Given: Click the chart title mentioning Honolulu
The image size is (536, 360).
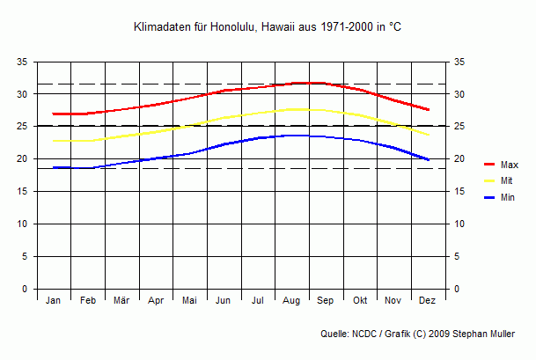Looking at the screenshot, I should pyautogui.click(x=268, y=28).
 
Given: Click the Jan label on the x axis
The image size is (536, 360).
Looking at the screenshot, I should pyautogui.click(x=54, y=301).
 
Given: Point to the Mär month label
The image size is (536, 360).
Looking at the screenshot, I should pyautogui.click(x=121, y=301).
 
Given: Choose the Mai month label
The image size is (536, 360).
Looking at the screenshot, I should pyautogui.click(x=189, y=301).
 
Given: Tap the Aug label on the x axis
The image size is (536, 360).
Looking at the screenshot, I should pyautogui.click(x=291, y=301).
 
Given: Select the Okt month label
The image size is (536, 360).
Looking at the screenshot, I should pyautogui.click(x=360, y=301).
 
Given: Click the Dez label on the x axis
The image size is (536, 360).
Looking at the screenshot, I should pyautogui.click(x=428, y=301).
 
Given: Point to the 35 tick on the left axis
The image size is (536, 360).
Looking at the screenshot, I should pyautogui.click(x=22, y=62).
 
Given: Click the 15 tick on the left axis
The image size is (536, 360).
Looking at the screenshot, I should pyautogui.click(x=22, y=192).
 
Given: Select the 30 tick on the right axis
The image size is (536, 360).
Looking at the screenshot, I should pyautogui.click(x=459, y=94).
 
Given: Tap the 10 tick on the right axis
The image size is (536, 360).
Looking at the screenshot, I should pyautogui.click(x=459, y=224).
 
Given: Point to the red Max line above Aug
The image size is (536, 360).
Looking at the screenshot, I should pyautogui.click(x=291, y=84).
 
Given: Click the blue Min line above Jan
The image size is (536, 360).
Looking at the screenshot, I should pyautogui.click(x=54, y=167).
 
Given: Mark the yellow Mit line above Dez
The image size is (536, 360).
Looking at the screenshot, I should pyautogui.click(x=428, y=135).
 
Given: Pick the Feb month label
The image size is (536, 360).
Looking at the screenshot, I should pyautogui.click(x=88, y=301).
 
